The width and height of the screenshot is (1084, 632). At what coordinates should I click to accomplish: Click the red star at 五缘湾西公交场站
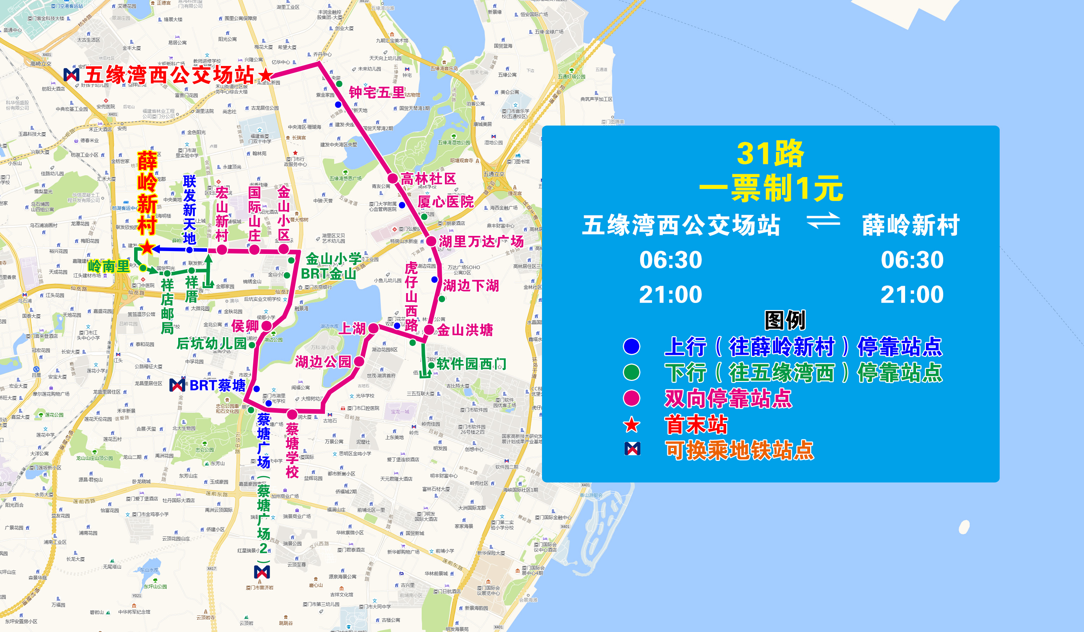pos(265,75)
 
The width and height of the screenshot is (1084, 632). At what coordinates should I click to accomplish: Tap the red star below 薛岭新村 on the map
pos(147,247)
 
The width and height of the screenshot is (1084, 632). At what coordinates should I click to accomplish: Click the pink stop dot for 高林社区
pos(392,178)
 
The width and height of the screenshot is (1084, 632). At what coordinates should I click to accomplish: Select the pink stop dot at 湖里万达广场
pos(431,241)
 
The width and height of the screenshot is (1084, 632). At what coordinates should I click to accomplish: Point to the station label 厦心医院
pos(445,201)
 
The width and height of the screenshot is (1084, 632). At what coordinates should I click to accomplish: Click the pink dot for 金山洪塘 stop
pos(429,330)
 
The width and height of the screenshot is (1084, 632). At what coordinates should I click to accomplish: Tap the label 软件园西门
pos(471,364)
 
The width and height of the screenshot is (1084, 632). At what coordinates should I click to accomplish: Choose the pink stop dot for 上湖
pos(373,328)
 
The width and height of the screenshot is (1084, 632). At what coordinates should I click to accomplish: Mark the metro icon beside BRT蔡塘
pos(177,385)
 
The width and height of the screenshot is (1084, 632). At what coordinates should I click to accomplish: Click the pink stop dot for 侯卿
pos(267,326)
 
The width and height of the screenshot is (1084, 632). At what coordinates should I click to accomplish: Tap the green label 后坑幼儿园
pos(211,344)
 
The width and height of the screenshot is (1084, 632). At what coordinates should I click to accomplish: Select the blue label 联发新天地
pos(189,209)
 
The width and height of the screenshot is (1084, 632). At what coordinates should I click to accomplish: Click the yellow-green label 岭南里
pos(108,266)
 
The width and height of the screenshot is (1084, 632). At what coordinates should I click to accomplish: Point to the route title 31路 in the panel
pos(770,153)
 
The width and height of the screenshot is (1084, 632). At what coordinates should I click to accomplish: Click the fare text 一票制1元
pos(770,188)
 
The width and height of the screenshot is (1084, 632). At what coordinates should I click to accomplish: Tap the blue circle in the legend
pos(632,347)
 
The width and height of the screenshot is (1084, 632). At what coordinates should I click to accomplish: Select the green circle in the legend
pos(632,372)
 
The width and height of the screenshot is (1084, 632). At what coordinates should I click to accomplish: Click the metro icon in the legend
pos(632,449)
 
